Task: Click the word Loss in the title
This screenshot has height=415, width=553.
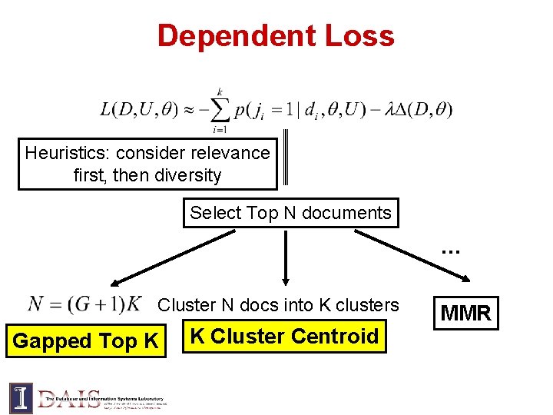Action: [x=365, y=36]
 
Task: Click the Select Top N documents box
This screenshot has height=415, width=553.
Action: [x=290, y=213]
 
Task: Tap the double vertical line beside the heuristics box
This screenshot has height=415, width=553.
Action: [x=286, y=158]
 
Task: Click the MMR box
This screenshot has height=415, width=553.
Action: [x=465, y=313]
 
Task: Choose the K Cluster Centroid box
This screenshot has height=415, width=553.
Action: [x=284, y=337]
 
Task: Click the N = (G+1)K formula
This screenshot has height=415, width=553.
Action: [x=84, y=304]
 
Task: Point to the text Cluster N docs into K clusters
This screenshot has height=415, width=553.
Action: [x=278, y=305]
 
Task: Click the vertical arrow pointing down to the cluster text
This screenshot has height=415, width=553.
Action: [x=286, y=257]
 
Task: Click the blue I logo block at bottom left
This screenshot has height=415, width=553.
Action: [x=21, y=398]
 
